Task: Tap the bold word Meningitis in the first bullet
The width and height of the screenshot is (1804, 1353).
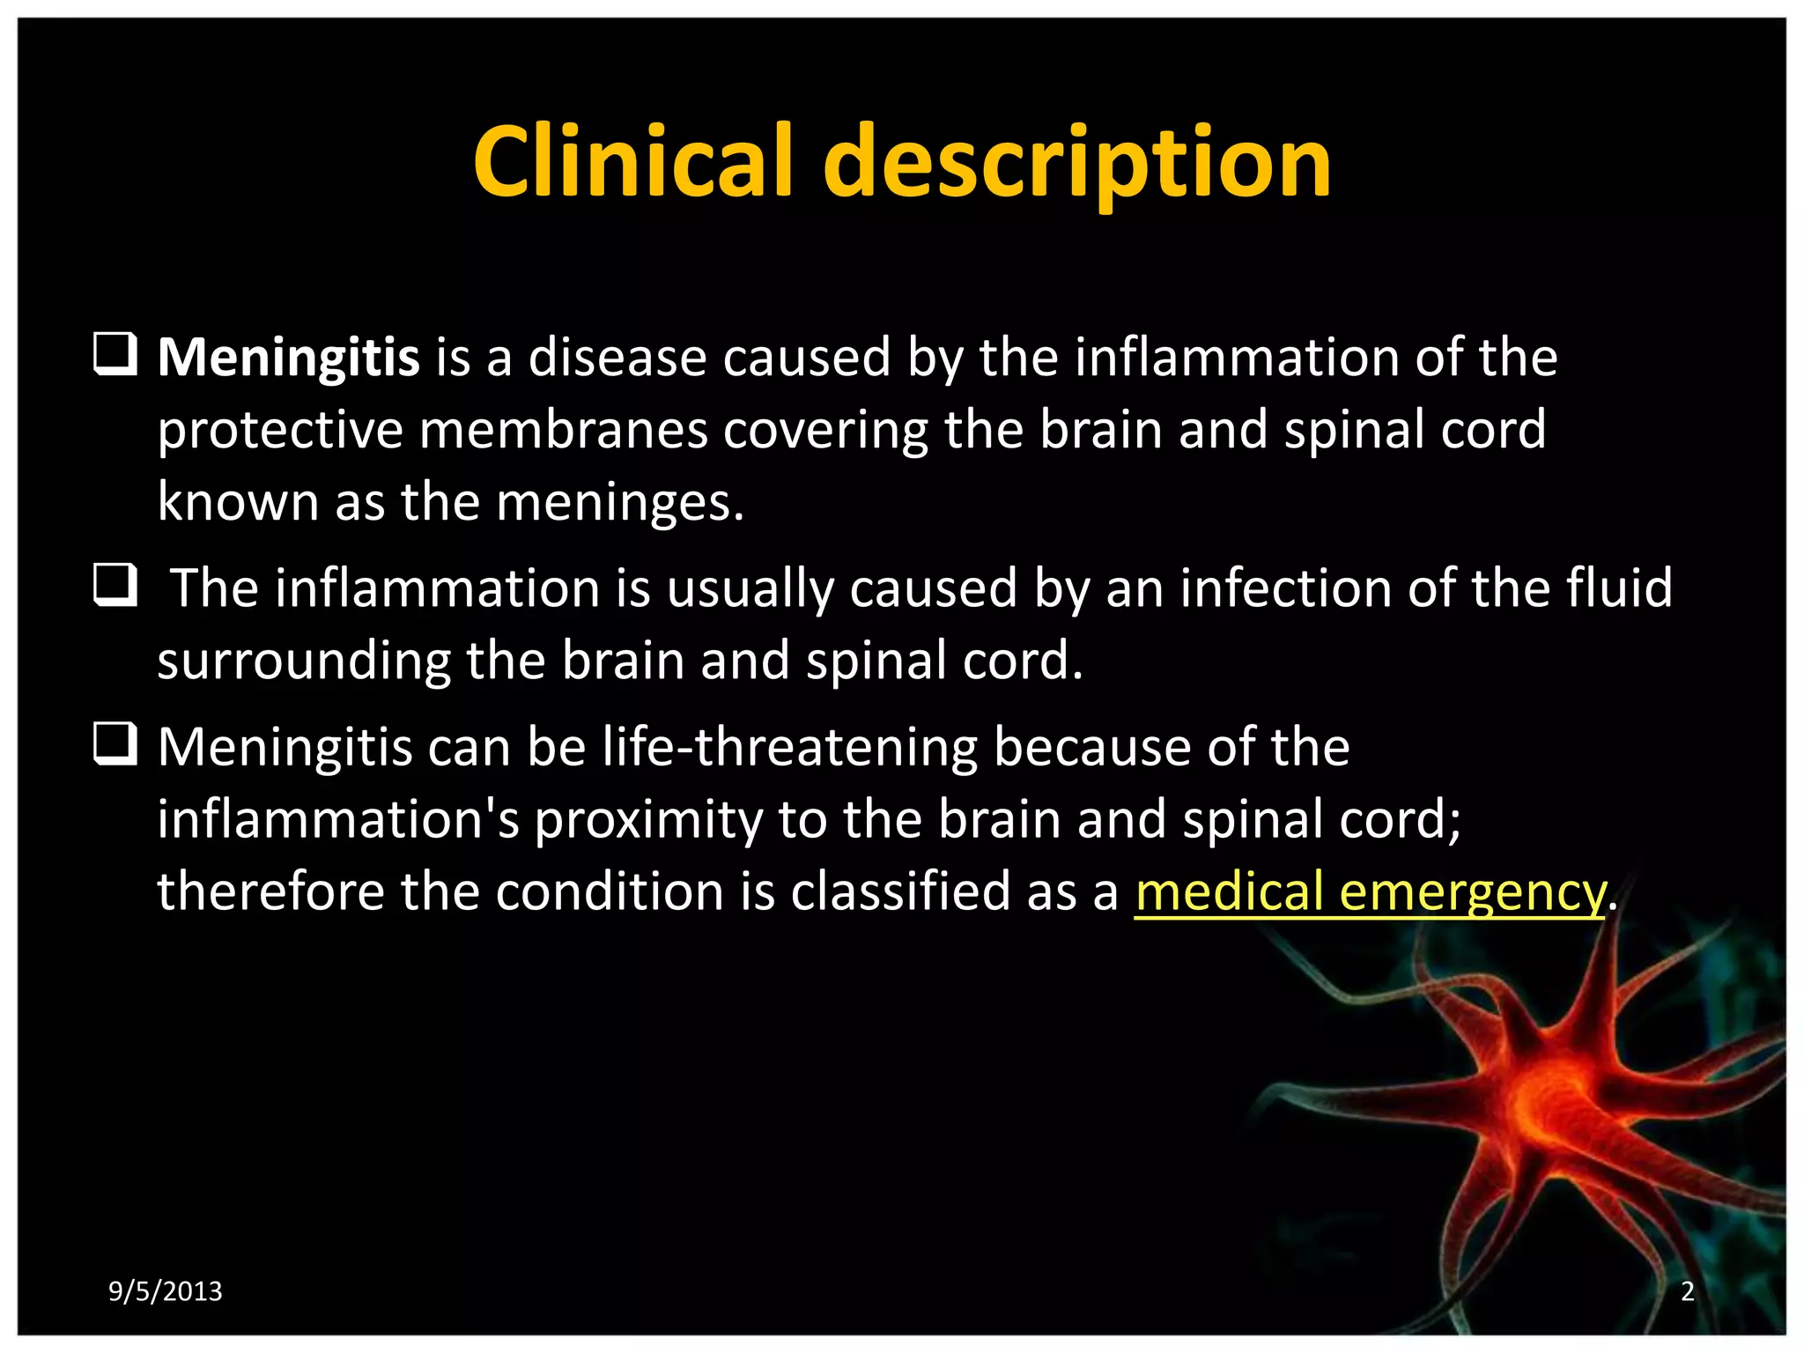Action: (x=288, y=358)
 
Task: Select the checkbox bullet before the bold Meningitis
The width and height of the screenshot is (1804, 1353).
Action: (x=115, y=354)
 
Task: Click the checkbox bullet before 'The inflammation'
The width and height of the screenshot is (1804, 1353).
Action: (x=115, y=585)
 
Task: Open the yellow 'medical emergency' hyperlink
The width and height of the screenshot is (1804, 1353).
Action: (x=1370, y=891)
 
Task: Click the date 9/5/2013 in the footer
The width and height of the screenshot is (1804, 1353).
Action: (x=165, y=1291)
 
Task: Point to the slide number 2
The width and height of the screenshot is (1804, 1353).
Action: (x=1687, y=1291)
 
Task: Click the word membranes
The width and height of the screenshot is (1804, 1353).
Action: (x=564, y=431)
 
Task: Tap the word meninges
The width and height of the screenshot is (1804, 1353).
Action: (x=619, y=503)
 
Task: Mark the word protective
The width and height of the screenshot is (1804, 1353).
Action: (x=279, y=431)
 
